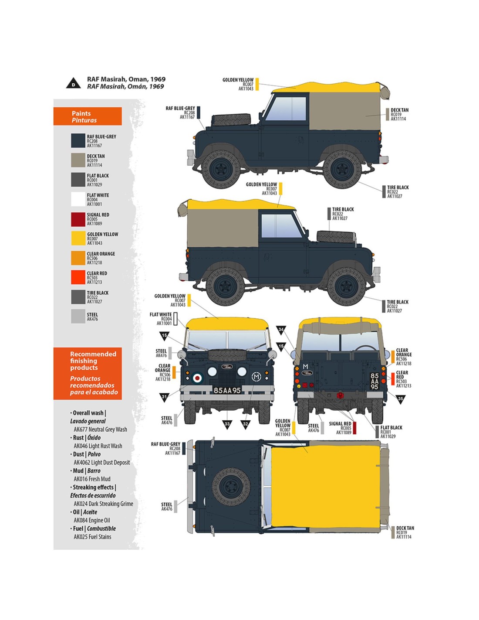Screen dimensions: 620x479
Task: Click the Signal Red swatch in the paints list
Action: coord(78,219)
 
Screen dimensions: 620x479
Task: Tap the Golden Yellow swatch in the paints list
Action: coord(78,238)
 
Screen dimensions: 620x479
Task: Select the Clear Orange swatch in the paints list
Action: coord(78,258)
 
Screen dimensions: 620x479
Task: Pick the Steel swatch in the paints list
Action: coord(78,317)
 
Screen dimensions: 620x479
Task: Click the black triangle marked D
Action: coord(73,84)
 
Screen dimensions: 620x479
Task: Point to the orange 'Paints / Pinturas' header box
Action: coord(88,116)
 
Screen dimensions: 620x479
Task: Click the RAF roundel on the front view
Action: coord(197,378)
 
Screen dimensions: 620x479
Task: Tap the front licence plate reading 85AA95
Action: coord(227,390)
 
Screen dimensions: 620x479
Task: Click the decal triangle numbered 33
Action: coord(227,424)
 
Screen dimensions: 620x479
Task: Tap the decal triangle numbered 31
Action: coord(164,397)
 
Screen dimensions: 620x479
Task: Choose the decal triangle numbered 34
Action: coord(281,330)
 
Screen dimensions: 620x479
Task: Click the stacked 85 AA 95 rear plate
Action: coord(374,381)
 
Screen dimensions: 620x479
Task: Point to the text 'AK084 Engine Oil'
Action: coord(92,520)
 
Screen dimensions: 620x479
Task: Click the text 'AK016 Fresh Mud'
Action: coord(92,479)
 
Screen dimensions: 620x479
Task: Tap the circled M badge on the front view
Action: coord(256,377)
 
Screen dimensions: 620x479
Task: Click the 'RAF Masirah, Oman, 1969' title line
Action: coord(126,79)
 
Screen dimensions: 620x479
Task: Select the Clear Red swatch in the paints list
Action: coord(78,277)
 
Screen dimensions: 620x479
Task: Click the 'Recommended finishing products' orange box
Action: coord(88,373)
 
